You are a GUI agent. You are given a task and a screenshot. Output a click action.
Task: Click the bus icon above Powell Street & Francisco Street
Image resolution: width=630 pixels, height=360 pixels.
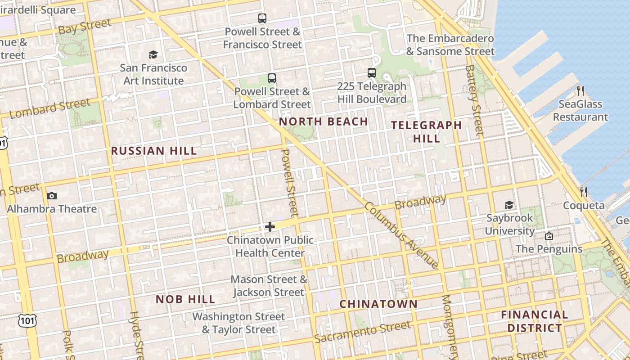coord(262,18)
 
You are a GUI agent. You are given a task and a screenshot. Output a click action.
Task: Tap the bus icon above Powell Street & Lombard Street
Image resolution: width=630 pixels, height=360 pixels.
coord(272,78)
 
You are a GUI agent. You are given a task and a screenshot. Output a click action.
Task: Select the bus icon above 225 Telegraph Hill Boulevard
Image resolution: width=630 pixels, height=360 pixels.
coord(372,72)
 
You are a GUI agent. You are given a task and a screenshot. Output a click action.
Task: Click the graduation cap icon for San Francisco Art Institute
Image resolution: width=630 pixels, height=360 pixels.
coord(153,55)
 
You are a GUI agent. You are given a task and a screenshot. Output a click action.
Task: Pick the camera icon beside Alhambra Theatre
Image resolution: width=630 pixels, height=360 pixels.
coord(51,196)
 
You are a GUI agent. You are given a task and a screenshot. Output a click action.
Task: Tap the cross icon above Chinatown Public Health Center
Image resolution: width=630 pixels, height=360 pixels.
coord(270,227)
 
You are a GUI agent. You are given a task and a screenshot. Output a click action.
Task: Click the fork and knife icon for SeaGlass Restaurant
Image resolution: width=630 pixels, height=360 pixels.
coord(580,91)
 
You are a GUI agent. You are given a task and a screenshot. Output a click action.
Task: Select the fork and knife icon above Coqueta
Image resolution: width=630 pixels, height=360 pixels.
coord(584,192)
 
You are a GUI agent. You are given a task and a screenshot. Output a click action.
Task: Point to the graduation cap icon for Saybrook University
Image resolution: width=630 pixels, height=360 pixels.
coord(509,205)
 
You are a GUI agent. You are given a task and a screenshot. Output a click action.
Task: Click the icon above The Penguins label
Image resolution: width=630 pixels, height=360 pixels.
coord(549,236)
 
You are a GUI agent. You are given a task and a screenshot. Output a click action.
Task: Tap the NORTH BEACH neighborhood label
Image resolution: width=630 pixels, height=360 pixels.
coord(324,121)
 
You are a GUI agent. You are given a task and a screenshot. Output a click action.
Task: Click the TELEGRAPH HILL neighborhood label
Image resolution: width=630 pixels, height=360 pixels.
coord(426,131)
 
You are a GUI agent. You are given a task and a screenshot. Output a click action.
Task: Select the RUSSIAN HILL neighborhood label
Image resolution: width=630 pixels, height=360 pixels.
coord(154,151)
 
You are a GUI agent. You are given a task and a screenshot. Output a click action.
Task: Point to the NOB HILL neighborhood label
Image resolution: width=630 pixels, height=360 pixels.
coord(185,299)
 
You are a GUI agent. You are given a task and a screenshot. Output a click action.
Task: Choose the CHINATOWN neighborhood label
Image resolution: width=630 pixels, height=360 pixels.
coord(378,304)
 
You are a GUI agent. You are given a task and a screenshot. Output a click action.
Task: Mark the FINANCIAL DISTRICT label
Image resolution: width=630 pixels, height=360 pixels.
coord(535,321)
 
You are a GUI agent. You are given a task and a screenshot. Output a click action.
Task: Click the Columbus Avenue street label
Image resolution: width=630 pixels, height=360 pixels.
coord(401,235)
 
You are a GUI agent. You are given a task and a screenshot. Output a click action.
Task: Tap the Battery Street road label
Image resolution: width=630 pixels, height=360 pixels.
coord(474,100)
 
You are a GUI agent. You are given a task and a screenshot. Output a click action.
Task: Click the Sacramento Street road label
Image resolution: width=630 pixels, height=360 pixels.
coord(363,332)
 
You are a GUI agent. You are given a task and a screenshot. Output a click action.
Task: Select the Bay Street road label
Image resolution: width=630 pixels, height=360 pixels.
coord(85,27)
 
